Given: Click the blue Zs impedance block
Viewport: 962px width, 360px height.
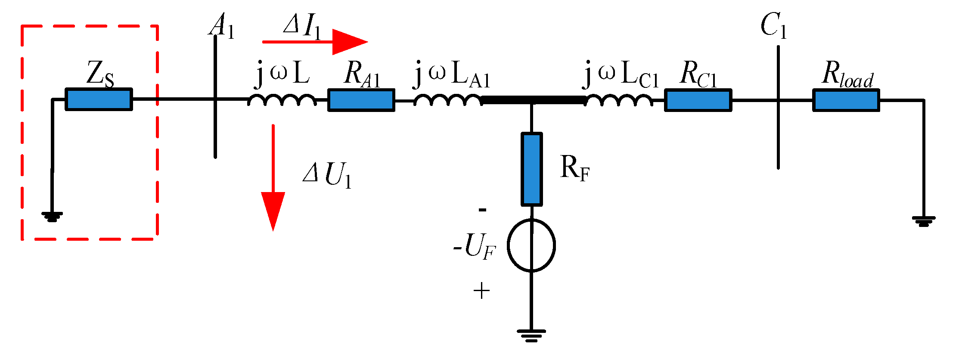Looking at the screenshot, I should click(x=99, y=99).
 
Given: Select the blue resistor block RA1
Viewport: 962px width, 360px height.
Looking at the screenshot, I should click(x=361, y=100).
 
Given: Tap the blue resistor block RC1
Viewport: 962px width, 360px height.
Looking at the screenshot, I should click(x=698, y=100).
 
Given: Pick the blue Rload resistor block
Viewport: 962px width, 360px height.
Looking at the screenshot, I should click(x=846, y=100).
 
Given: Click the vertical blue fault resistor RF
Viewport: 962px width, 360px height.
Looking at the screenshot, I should click(x=531, y=169).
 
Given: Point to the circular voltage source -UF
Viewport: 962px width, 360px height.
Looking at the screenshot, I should click(x=531, y=245).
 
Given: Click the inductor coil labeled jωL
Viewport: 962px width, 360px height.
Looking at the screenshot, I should click(x=282, y=100).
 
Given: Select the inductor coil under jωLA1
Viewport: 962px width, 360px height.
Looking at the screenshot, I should click(x=448, y=100).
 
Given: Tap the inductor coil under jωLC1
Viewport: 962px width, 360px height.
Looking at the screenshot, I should click(x=618, y=100).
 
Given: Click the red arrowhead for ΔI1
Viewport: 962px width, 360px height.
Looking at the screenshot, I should click(x=349, y=42).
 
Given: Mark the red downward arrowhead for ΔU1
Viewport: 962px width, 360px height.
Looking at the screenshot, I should click(x=273, y=210).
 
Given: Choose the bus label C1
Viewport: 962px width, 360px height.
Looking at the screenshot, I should click(x=773, y=26).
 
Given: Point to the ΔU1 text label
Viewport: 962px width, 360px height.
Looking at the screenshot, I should click(x=327, y=175).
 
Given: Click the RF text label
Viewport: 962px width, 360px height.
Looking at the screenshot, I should click(x=574, y=168).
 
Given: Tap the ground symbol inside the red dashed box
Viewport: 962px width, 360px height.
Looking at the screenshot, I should click(x=52, y=216).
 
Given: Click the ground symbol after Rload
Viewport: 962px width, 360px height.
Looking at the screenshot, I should click(x=923, y=221).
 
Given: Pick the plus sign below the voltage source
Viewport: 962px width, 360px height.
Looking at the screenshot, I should click(x=481, y=292).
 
